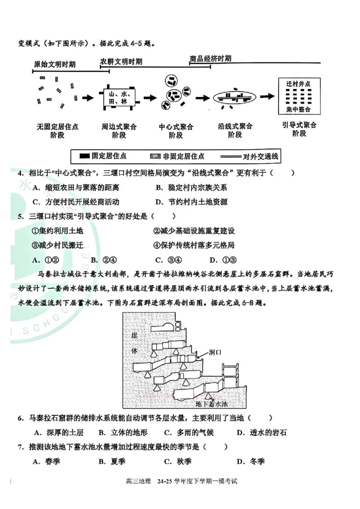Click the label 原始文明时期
pos(54,64)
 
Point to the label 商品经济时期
pos(211,58)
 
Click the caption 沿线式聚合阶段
pos(235,131)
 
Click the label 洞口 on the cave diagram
pos(216,353)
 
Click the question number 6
pos(21,419)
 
